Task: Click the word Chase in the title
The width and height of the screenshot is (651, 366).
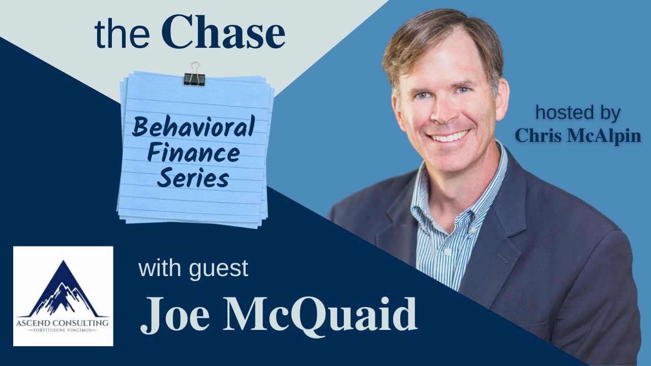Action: click(226, 34)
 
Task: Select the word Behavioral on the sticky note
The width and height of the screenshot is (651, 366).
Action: click(193, 127)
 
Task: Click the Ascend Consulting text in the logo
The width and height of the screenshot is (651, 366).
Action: click(63, 322)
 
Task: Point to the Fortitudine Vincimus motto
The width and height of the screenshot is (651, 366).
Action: click(63, 330)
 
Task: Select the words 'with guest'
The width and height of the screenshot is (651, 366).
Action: click(193, 268)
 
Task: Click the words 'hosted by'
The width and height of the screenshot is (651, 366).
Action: click(578, 113)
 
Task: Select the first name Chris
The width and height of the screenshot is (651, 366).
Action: click(539, 136)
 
